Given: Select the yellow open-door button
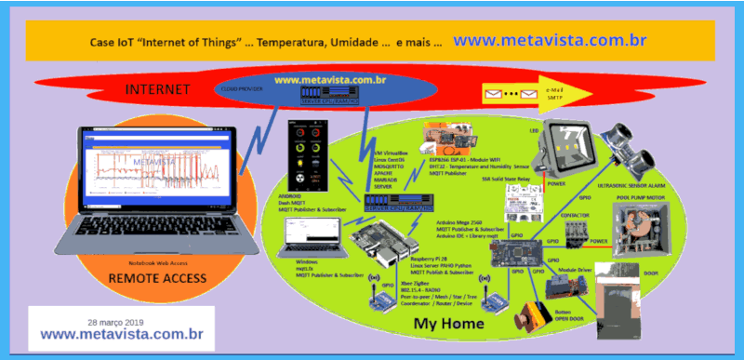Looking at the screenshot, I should [537, 316].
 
